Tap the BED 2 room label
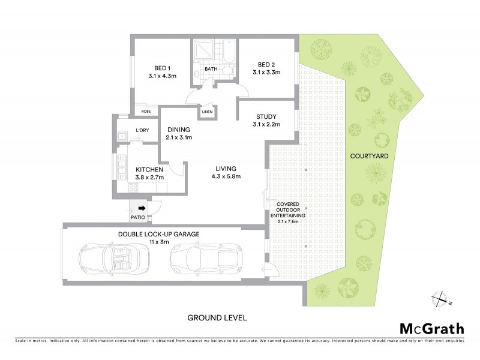coord(266,64)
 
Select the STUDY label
coord(266,116)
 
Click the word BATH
coord(211,69)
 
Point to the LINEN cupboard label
coord(208,112)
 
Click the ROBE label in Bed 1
coord(146,111)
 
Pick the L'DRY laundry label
coord(142,130)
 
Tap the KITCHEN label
coord(150,169)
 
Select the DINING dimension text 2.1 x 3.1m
coord(179,138)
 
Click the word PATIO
coord(138,217)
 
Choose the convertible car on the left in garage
coord(113,257)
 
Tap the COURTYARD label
coord(368,156)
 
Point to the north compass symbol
coord(442,298)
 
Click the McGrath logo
coord(431,328)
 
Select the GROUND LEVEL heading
coord(217,317)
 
